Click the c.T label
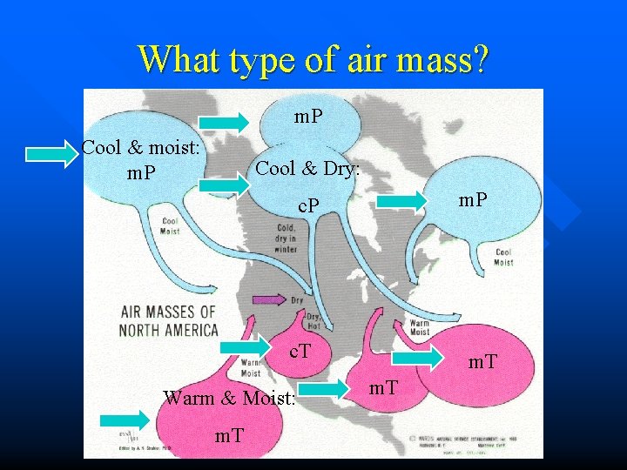300,352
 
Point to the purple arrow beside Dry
269,300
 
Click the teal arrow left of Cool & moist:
51,155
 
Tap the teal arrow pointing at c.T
246,349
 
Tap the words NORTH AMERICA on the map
169,330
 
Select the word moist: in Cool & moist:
174,146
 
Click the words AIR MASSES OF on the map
168,312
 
